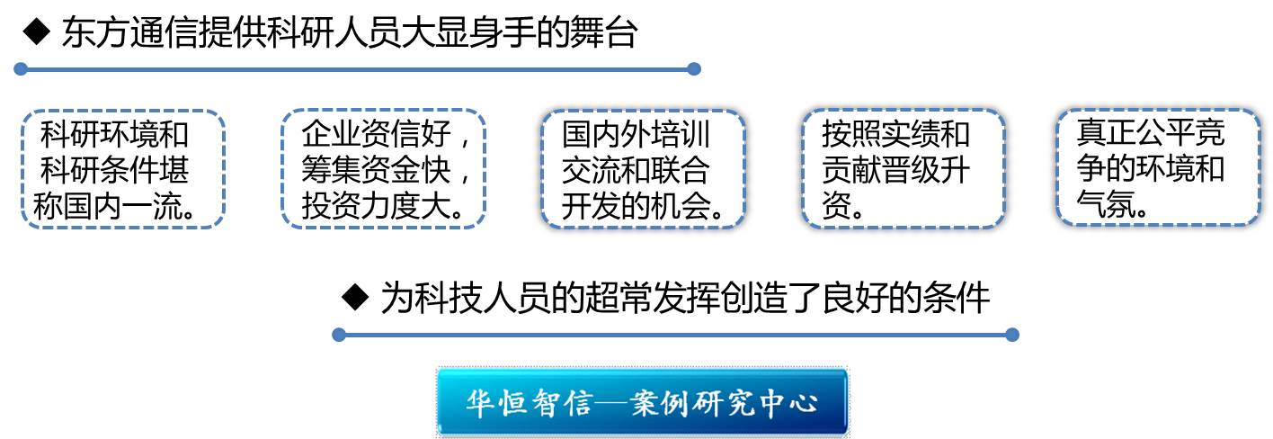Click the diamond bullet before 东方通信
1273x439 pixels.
(37, 31)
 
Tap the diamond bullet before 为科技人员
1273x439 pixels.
(356, 296)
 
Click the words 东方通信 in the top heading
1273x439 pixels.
(129, 31)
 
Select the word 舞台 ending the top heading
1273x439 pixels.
(603, 31)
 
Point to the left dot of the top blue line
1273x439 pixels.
(21, 69)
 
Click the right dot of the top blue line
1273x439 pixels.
(694, 69)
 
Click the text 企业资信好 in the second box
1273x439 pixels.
(376, 134)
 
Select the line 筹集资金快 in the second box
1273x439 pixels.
(376, 170)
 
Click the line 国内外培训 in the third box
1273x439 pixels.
(636, 134)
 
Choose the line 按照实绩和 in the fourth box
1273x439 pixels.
(895, 134)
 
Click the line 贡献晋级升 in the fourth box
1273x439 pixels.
(895, 170)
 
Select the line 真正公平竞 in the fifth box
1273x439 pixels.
(1150, 132)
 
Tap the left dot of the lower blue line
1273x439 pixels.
(339, 335)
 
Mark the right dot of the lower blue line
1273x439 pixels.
(1012, 335)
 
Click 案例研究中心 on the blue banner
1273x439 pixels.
(724, 403)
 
